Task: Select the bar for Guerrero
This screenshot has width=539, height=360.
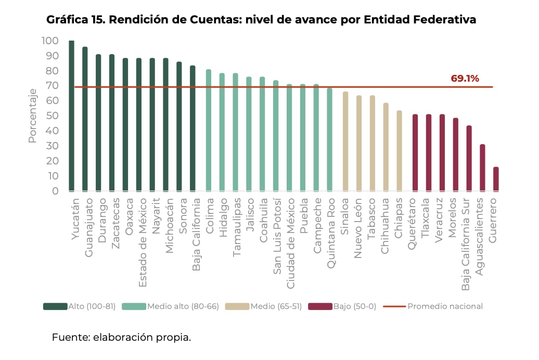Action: pos(496,179)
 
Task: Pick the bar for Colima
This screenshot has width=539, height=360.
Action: pos(208,130)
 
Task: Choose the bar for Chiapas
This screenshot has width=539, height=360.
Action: pos(399,151)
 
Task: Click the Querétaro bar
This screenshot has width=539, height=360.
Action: pos(415,153)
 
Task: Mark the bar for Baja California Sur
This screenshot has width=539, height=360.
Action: pos(469,158)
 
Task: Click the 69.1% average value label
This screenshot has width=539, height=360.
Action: pos(465,79)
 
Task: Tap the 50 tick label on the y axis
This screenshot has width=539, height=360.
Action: pos(53,115)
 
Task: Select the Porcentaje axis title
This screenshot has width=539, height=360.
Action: pos(33,115)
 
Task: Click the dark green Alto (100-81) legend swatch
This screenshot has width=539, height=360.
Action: pos(55,306)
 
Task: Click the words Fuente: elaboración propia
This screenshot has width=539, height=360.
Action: pos(121,337)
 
